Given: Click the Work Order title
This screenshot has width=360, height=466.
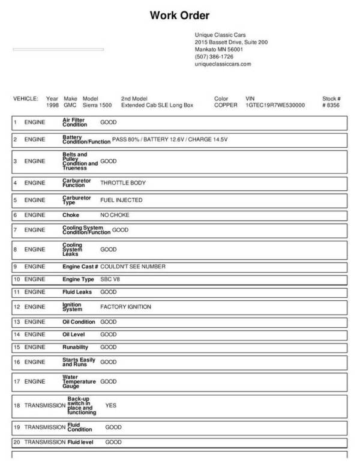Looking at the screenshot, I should click(x=179, y=16).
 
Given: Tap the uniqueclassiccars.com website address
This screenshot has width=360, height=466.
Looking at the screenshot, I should click(x=223, y=64).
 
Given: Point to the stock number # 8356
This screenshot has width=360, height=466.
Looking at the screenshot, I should click(x=331, y=104).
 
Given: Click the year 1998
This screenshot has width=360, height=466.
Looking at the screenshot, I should click(x=52, y=104).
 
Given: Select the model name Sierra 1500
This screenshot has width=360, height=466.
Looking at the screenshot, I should click(x=97, y=104).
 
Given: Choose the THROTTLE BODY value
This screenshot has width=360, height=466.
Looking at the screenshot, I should click(x=122, y=182).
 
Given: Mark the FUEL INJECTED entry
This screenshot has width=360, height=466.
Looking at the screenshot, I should click(x=121, y=200).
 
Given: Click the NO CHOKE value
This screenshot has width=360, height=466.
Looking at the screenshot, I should click(x=115, y=215).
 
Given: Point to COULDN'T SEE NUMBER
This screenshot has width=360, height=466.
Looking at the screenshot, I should click(x=133, y=266).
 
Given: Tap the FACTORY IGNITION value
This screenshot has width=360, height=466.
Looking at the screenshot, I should click(x=125, y=307).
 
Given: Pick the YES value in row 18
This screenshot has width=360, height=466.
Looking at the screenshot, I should click(x=110, y=405).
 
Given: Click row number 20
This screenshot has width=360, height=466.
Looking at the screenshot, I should click(x=17, y=442).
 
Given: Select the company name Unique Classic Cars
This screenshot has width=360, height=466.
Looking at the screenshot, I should click(x=220, y=35).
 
